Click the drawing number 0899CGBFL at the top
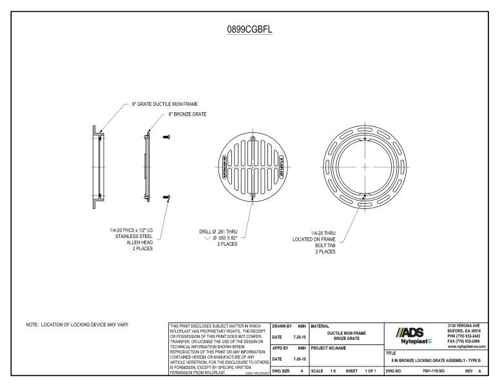click(x=249, y=30)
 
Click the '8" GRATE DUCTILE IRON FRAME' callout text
click(x=165, y=103)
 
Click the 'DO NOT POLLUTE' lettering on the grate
click(x=224, y=166)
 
